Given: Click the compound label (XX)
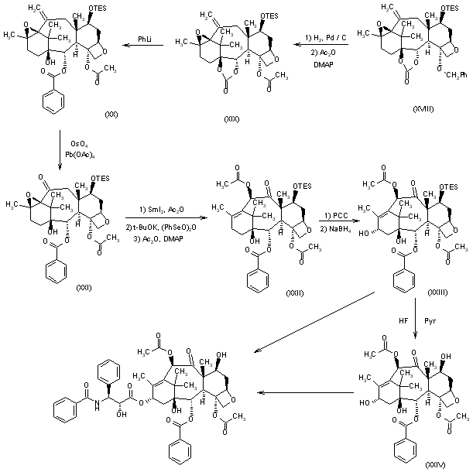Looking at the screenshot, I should click(x=111, y=114).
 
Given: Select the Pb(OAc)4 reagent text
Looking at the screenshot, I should click(x=82, y=156).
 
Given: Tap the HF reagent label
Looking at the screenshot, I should click(x=398, y=319).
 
